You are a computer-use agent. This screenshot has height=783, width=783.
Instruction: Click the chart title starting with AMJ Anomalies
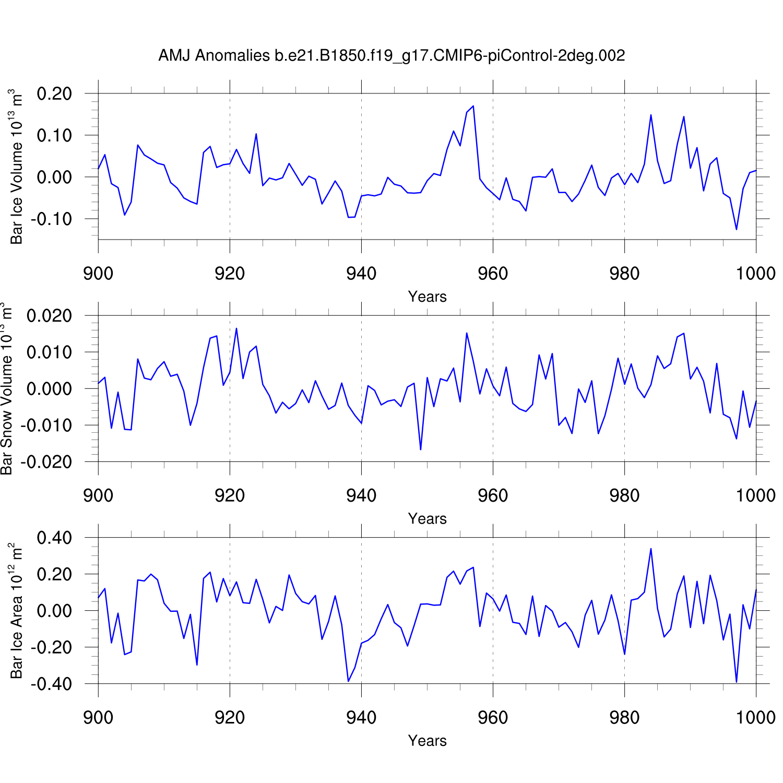391,55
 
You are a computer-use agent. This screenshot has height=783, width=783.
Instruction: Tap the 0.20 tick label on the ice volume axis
54,94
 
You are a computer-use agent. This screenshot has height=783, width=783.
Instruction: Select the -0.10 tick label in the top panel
51,219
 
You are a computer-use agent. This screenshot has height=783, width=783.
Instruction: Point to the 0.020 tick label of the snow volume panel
49,316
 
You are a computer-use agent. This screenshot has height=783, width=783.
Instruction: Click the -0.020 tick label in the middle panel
46,462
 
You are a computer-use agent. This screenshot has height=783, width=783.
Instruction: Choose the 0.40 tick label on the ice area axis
54,538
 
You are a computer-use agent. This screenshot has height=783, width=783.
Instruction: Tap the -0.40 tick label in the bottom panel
51,684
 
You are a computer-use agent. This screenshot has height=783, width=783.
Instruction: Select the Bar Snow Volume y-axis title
7,388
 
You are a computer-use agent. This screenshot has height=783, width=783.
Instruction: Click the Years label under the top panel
427,296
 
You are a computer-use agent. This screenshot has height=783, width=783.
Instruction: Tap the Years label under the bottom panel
427,741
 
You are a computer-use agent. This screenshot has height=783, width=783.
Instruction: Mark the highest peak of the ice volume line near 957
473,106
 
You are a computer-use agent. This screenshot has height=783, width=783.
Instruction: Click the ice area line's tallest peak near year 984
650,549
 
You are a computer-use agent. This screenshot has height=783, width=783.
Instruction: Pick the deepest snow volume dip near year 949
421,449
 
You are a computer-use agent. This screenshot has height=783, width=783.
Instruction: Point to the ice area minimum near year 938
348,681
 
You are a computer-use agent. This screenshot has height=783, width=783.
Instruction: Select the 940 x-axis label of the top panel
361,273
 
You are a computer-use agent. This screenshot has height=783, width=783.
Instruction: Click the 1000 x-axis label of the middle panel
755,495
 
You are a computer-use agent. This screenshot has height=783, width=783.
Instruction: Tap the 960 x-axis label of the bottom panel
493,717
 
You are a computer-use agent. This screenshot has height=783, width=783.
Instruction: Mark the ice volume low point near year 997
736,230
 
